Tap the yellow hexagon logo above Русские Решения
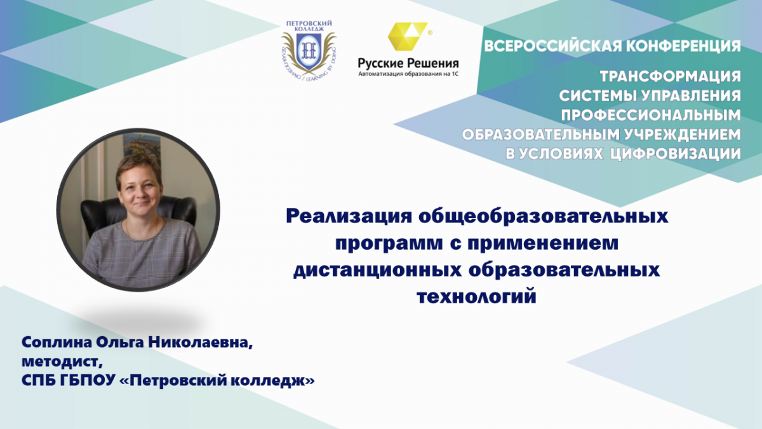408,36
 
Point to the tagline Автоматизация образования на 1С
408,74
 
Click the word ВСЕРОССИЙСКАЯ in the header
552,46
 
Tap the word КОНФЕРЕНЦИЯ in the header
683,46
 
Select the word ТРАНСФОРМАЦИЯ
670,77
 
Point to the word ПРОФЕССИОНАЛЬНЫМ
651,116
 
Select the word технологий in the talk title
477,297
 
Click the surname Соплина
57,343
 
